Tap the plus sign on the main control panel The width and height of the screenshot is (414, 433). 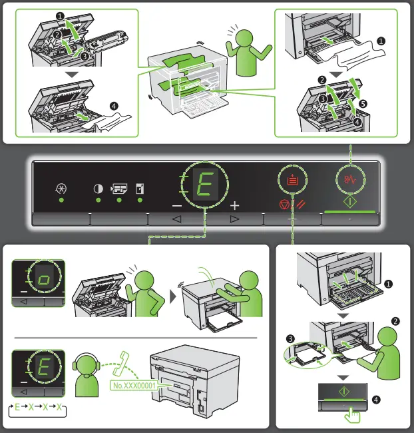234,205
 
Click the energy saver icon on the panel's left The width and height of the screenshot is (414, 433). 61,188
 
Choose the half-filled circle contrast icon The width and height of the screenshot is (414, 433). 98,188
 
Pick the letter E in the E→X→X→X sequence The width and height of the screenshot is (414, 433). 18,406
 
